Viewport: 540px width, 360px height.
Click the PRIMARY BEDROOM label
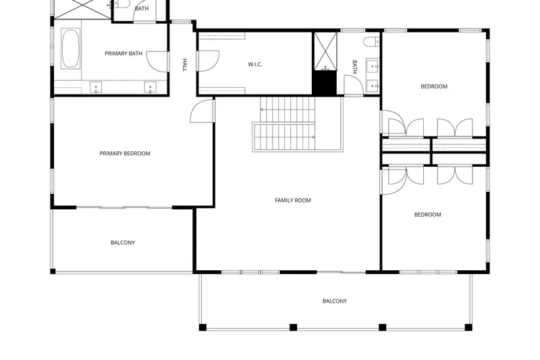coord(125,153)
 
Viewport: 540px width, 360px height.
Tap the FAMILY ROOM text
coord(293,200)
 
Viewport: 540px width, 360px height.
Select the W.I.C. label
coord(255,64)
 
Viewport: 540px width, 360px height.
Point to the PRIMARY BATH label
coord(124,53)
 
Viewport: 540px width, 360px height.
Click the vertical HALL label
coord(184,65)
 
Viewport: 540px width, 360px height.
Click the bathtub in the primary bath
coord(71,49)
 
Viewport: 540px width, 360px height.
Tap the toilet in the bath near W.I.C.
coord(371,42)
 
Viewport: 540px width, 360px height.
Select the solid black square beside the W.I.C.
coord(324,82)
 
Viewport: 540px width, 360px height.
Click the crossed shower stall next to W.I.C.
coord(325,51)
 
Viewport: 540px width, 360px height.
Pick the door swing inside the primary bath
coord(157,62)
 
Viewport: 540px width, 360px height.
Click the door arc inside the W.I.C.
coord(209,61)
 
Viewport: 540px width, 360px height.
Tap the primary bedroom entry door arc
coord(202,111)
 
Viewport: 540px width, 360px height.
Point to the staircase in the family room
coord(283,124)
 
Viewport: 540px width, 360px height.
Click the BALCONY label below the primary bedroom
coord(123,242)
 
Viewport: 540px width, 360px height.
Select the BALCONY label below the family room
coord(334,301)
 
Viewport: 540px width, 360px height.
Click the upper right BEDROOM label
coord(434,86)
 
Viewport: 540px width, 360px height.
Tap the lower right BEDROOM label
coord(427,215)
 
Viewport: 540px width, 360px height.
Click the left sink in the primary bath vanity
coord(96,87)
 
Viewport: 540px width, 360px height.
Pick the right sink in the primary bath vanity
coord(150,87)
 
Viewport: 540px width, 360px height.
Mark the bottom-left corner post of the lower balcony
coord(202,328)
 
